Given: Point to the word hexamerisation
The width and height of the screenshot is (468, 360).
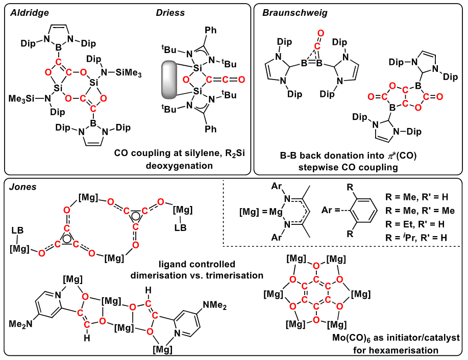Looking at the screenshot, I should (396, 350).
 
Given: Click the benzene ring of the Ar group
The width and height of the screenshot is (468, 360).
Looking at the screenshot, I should (361, 210).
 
